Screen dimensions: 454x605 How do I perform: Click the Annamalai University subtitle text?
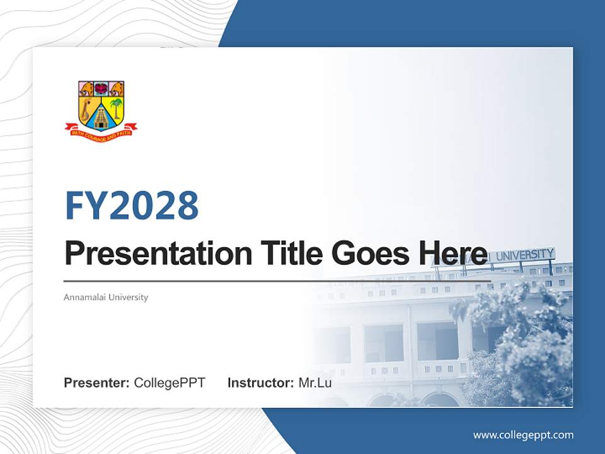coord(106,297)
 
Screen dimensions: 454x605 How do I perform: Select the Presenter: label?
coord(97,383)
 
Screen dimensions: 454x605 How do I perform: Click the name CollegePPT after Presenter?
coord(170,383)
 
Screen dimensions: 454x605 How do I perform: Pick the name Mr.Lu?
coord(315,383)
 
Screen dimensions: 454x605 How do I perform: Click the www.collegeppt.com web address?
coord(523,434)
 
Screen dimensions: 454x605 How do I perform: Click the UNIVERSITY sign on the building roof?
coord(524,255)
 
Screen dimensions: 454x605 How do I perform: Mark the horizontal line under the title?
coord(277,281)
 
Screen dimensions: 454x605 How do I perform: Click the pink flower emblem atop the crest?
coord(101,88)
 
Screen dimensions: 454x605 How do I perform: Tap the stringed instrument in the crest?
coord(86,108)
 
